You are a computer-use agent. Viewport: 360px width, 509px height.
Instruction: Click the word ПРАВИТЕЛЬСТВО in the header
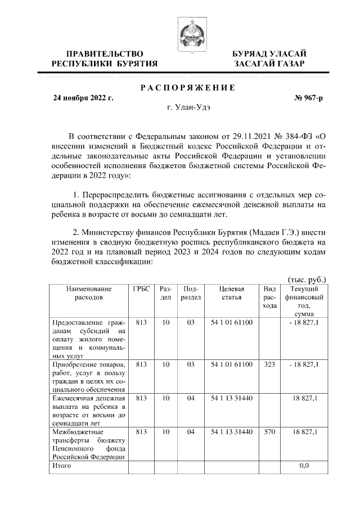click(x=104, y=53)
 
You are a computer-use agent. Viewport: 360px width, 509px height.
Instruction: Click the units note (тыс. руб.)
click(x=307, y=279)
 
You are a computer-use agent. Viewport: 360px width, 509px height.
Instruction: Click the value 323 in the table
click(x=269, y=364)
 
